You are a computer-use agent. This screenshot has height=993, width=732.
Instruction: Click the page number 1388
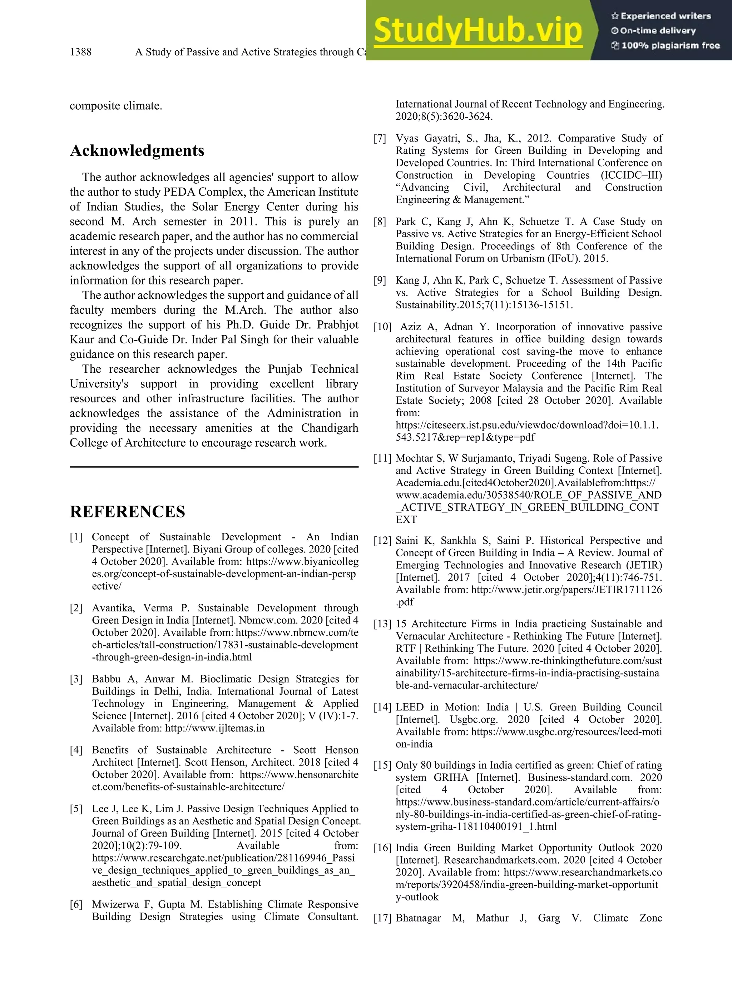[81, 52]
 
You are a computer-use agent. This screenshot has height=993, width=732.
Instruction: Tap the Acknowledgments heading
[137, 150]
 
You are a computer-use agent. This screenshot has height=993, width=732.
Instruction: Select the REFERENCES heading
[128, 512]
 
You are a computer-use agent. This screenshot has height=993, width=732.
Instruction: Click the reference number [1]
[76, 537]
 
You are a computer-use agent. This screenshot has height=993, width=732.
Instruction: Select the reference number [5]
[76, 809]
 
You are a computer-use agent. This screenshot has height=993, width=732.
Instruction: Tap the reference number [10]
[382, 327]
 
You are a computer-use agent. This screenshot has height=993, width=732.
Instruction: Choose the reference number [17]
[382, 919]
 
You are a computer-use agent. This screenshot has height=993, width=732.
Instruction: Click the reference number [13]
[382, 624]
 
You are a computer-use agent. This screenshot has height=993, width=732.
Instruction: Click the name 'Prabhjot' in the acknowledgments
[338, 325]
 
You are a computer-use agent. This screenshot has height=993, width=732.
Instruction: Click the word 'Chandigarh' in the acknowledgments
[330, 428]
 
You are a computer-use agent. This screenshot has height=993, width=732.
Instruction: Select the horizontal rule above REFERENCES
[214, 467]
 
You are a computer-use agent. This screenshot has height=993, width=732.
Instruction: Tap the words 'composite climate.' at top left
[116, 106]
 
